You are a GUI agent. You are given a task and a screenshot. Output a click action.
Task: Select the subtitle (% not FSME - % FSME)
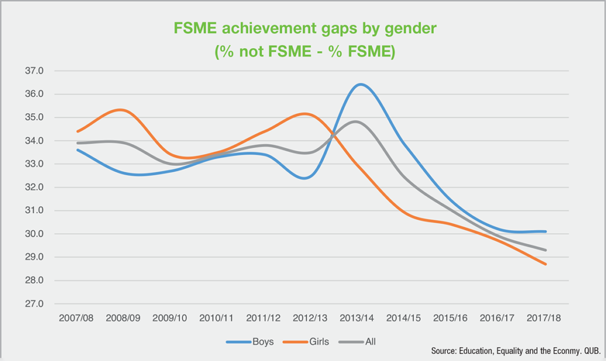[x=304, y=52]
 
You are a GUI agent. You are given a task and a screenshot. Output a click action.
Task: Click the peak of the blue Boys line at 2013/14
[x=360, y=84]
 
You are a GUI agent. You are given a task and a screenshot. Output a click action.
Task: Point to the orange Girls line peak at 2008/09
[x=120, y=110]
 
